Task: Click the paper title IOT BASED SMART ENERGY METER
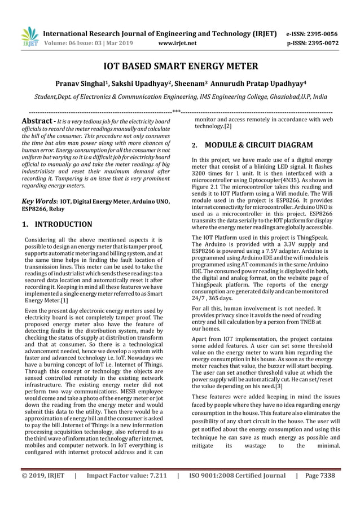180,67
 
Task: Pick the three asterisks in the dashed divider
176,111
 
